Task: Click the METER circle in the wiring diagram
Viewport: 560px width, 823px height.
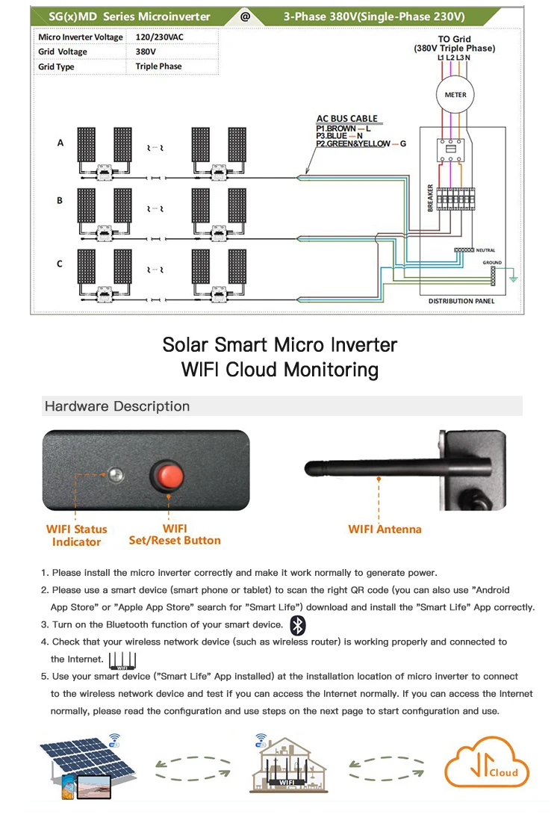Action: (455, 95)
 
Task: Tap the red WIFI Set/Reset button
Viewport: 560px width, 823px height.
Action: (168, 475)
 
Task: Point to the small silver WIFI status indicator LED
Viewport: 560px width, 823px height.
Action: (115, 473)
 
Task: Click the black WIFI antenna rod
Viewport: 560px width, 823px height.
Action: (373, 468)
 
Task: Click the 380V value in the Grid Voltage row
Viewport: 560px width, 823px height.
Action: (146, 52)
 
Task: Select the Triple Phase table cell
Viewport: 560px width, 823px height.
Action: (158, 66)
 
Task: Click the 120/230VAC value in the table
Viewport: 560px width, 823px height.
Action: (159, 37)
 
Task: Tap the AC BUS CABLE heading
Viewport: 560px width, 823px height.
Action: (346, 119)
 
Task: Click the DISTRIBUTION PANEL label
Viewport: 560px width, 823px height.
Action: (461, 301)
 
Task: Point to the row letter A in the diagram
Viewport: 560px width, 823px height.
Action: (60, 143)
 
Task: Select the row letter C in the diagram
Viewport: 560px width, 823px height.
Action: (60, 264)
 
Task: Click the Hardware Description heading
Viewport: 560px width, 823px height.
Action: (117, 406)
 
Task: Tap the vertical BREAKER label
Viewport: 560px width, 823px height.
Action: (431, 198)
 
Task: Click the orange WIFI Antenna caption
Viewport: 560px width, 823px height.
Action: (385, 529)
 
